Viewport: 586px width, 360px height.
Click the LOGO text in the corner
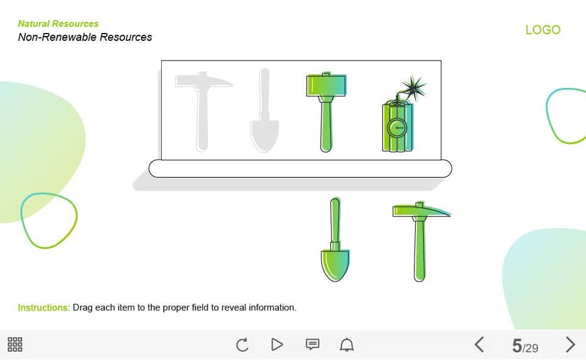[543, 29]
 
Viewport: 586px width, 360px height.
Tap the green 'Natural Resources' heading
[59, 24]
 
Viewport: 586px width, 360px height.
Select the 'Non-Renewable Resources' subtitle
[85, 37]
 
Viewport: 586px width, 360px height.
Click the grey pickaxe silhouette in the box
[202, 112]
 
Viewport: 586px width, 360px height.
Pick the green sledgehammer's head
[326, 85]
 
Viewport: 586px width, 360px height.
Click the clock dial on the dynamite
[397, 128]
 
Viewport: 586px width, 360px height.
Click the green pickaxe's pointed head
[422, 211]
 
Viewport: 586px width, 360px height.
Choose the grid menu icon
[15, 344]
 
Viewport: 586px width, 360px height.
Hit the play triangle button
[277, 344]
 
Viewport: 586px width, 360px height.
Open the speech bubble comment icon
[313, 344]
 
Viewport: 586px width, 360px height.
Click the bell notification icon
[347, 344]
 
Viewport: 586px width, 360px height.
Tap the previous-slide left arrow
[480, 344]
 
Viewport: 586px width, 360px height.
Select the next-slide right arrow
[570, 344]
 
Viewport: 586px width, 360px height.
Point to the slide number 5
[517, 345]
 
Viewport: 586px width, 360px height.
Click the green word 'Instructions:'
[44, 308]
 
